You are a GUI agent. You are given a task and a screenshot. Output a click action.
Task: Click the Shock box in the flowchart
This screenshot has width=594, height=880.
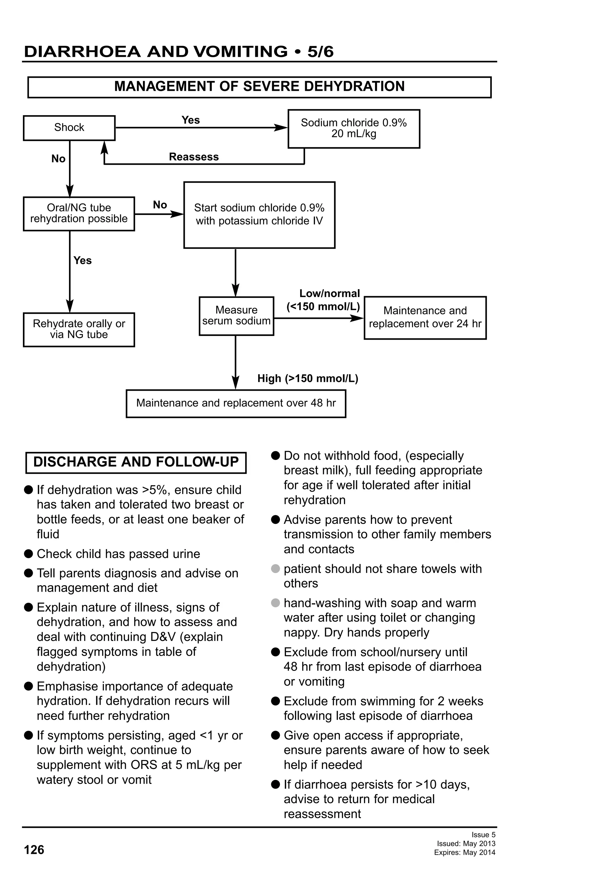(x=69, y=128)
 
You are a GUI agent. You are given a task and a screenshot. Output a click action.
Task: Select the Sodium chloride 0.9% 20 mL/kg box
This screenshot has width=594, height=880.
(x=353, y=128)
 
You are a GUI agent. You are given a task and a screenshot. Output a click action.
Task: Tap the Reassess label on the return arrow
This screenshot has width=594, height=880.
(x=193, y=157)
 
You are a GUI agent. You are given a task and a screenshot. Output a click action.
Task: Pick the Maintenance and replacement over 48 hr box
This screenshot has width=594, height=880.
(x=236, y=403)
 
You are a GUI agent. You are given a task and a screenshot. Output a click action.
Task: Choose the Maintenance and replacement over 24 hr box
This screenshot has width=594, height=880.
(x=425, y=317)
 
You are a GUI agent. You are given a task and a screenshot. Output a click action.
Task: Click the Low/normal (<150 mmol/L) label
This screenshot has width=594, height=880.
(x=323, y=300)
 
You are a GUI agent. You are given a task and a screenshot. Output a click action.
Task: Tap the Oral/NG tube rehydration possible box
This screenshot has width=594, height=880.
(x=79, y=213)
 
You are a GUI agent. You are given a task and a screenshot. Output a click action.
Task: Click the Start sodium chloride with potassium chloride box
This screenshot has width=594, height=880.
(x=259, y=214)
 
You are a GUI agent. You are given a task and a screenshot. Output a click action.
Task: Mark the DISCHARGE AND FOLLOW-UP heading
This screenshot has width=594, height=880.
(x=136, y=462)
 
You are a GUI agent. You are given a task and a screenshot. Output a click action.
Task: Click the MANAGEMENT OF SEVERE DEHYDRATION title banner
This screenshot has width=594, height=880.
(x=259, y=87)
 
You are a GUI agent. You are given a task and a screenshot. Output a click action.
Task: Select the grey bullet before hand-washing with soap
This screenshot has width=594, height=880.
(x=276, y=602)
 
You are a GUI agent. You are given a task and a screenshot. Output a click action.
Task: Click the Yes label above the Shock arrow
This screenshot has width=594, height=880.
(x=191, y=120)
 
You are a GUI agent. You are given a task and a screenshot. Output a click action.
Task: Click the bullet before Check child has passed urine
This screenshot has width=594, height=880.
(x=28, y=554)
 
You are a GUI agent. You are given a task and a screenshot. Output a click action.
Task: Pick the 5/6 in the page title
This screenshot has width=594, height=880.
(x=320, y=52)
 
